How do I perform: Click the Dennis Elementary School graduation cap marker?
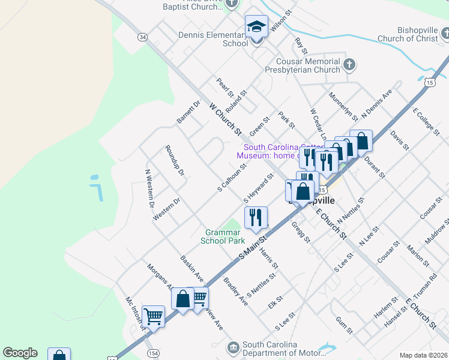coord(256,27)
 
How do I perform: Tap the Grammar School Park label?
coord(225,236)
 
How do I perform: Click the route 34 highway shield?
coord(142,37)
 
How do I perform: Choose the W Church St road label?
coord(225,118)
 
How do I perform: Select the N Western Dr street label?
coord(149,188)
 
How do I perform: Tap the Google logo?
coord(20,353)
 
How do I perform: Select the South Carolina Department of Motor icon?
coord(233,347)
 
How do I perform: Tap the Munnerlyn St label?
coord(343,106)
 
